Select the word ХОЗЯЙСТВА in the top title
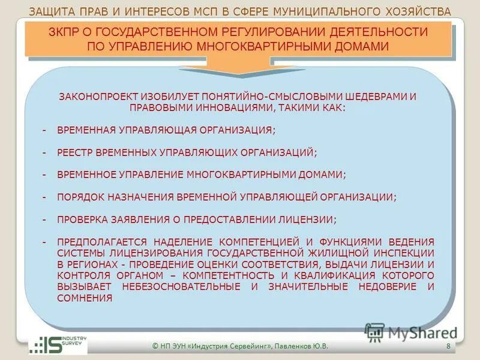coord(419,11)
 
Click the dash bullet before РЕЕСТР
coord(44,153)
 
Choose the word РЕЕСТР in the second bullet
coord(75,153)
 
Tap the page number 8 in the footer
coord(448,347)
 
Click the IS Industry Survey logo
coord(58,346)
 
